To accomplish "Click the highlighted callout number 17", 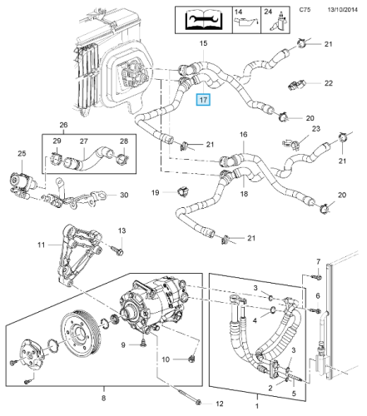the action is (203, 100).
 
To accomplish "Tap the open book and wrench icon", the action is (203, 20).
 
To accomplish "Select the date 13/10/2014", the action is (343, 10).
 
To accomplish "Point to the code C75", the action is (305, 10).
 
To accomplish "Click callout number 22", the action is (329, 83).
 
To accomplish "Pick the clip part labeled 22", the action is (296, 84).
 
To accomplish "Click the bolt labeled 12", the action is (191, 395).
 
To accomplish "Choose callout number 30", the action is (124, 195).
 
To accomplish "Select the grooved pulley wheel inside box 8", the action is (81, 335).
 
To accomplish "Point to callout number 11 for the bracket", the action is (41, 245).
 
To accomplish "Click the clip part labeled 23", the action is (290, 143).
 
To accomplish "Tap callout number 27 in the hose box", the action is (84, 141).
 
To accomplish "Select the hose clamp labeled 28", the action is (123, 159).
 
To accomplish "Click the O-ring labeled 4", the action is (272, 310).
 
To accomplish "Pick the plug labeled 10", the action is (191, 359).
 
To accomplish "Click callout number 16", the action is (243, 135).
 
